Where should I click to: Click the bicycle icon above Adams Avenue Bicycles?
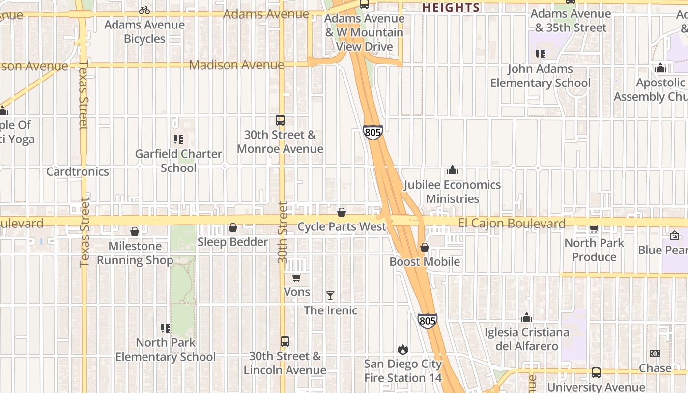pyautogui.click(x=144, y=10)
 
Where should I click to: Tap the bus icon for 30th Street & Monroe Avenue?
pyautogui.click(x=280, y=120)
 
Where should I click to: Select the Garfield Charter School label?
pyautogui.click(x=179, y=161)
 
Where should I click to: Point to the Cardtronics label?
pyautogui.click(x=78, y=171)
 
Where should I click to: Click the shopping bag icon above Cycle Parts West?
pyautogui.click(x=342, y=212)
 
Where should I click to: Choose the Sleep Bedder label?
pyautogui.click(x=233, y=242)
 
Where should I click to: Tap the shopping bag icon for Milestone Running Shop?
pyautogui.click(x=135, y=231)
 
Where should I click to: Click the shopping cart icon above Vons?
pyautogui.click(x=296, y=278)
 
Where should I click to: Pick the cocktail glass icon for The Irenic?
pyautogui.click(x=330, y=296)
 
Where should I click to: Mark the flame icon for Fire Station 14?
pyautogui.click(x=403, y=349)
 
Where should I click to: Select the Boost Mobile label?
pyautogui.click(x=425, y=262)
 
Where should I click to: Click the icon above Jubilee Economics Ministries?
pyautogui.click(x=452, y=170)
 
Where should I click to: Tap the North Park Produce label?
pyautogui.click(x=594, y=250)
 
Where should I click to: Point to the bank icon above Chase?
pyautogui.click(x=655, y=354)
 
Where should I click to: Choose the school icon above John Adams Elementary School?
pyautogui.click(x=541, y=54)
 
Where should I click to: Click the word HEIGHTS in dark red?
pyautogui.click(x=451, y=7)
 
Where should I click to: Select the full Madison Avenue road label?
pyautogui.click(x=236, y=65)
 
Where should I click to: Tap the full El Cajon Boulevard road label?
pyautogui.click(x=512, y=224)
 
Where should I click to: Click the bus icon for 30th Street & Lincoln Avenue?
pyautogui.click(x=285, y=341)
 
